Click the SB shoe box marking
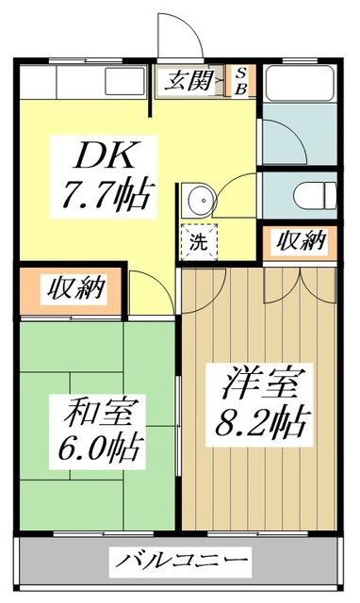coord(239,81)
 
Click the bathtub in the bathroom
coord(299,84)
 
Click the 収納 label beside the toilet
coord(300,241)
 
